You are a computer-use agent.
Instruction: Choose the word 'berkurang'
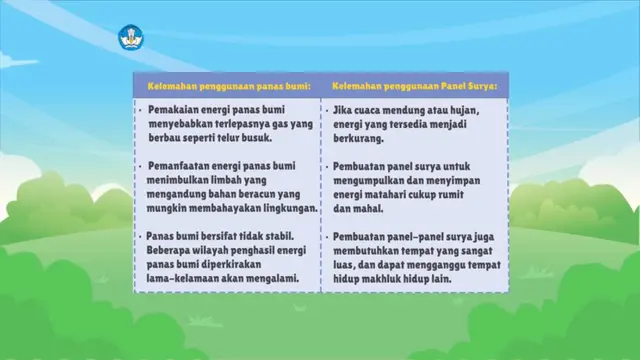click(357, 139)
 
